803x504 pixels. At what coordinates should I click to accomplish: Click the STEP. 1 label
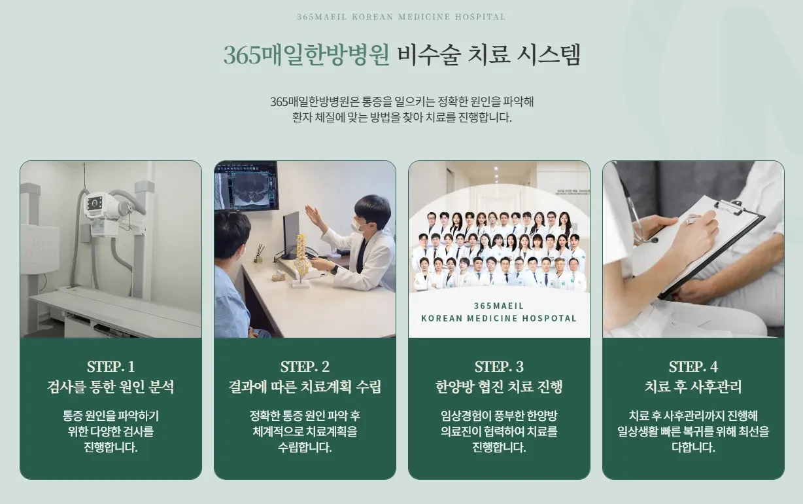tap(111, 367)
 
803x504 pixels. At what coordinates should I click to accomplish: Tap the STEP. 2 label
tap(305, 367)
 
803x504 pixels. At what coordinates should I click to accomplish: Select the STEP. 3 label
tap(499, 367)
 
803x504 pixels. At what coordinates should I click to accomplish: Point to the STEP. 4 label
tap(693, 367)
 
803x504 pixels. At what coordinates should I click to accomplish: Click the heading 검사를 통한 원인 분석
tap(111, 387)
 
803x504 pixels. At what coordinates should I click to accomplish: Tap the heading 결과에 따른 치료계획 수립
tap(305, 387)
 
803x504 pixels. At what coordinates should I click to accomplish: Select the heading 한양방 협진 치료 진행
tap(499, 387)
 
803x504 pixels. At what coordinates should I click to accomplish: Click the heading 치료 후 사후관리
tap(693, 387)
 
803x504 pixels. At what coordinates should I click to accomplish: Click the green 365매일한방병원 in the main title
tap(306, 55)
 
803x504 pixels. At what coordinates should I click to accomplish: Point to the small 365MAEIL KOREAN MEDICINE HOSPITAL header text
tap(401, 17)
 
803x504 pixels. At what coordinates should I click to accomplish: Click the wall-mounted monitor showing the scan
tap(246, 186)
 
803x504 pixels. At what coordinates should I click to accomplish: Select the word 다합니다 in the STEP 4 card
tap(693, 448)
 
